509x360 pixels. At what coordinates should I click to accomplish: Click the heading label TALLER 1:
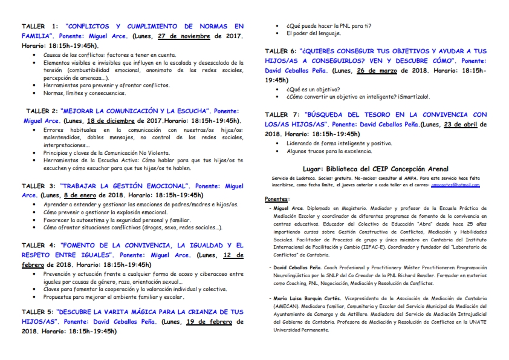click(x=40, y=27)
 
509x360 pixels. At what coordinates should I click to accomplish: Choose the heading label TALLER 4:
click(x=40, y=246)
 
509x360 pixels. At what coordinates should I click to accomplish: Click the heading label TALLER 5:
click(x=40, y=312)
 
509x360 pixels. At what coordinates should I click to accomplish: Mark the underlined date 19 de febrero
click(x=209, y=322)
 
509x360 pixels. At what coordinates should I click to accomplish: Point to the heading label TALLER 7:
click(x=284, y=114)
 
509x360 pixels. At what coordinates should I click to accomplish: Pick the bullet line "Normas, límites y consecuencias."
click(x=84, y=93)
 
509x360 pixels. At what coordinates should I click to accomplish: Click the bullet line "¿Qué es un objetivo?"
click(x=313, y=88)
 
